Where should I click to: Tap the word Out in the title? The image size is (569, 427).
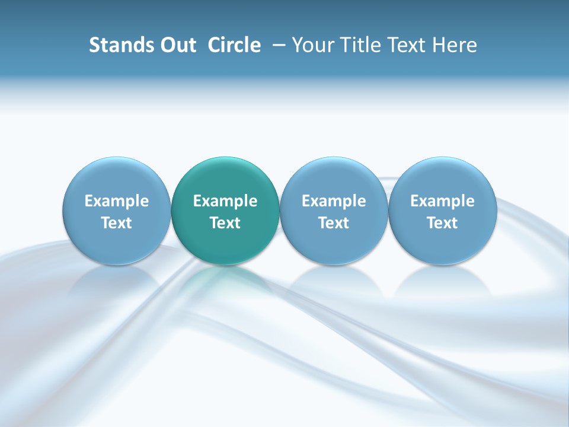(176, 45)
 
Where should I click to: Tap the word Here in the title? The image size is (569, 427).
(455, 45)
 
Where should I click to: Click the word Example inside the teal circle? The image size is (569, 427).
(225, 201)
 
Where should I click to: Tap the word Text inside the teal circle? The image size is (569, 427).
(225, 223)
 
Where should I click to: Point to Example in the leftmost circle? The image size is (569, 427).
(117, 201)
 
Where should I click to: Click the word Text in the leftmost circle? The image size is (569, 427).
(117, 223)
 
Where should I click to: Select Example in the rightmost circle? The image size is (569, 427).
(442, 201)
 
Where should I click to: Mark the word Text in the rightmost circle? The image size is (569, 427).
(442, 223)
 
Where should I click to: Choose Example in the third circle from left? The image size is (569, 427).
(334, 201)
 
